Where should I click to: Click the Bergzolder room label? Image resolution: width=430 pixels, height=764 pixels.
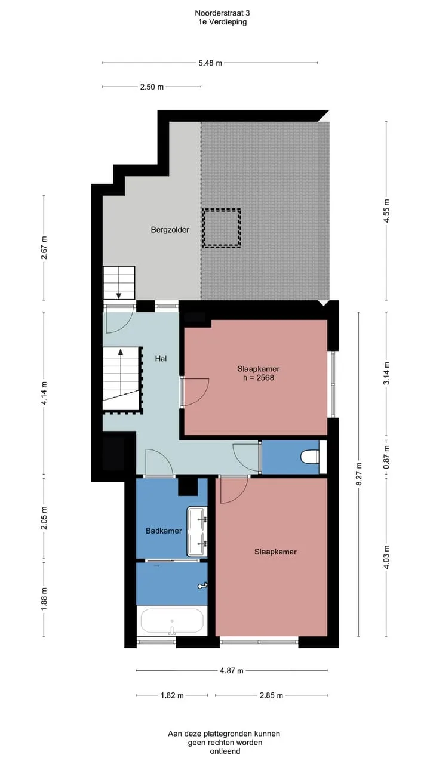[x=170, y=230]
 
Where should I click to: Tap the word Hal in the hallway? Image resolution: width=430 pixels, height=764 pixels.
[x=161, y=359]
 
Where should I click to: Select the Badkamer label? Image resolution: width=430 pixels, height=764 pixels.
[x=164, y=531]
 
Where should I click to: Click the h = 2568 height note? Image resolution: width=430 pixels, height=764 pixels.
[x=259, y=378]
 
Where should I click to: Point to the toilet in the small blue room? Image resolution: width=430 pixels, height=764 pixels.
[x=310, y=457]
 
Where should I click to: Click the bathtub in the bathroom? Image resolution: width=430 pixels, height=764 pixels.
[x=172, y=621]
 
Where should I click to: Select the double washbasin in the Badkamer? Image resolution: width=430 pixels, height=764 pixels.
[x=197, y=532]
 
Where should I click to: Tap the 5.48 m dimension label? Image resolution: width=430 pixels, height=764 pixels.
[x=210, y=63]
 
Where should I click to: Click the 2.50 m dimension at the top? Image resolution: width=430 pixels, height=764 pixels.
[x=152, y=87]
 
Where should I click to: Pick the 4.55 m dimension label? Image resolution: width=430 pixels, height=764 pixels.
[x=386, y=211]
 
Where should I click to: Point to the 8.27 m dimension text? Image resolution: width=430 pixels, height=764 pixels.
[x=358, y=474]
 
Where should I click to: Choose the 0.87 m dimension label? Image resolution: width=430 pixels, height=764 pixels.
[x=386, y=457]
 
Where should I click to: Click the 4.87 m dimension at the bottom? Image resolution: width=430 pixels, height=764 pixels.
[x=232, y=670]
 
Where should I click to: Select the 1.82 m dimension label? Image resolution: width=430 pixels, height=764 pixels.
[x=172, y=695]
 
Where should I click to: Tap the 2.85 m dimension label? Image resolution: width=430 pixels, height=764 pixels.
[x=271, y=695]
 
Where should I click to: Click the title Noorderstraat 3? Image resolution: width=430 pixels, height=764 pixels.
[x=222, y=13]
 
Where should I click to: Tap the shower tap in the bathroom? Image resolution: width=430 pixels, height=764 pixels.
[x=202, y=586]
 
